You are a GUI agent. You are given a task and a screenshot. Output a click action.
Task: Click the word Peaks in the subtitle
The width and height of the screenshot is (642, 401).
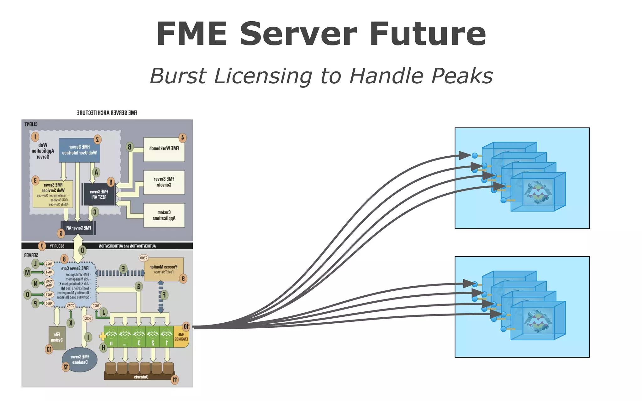point(461,76)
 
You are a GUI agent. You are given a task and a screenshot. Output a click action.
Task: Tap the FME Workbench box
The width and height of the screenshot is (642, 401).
point(164,149)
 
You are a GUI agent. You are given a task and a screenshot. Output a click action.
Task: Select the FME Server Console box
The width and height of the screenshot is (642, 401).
point(164,182)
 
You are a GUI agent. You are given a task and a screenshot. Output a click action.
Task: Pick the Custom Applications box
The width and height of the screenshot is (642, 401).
point(164,216)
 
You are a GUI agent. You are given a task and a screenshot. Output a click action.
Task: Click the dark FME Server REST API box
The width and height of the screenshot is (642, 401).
point(98,194)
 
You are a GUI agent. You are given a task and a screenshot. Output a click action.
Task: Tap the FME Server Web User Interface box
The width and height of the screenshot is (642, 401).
point(79,150)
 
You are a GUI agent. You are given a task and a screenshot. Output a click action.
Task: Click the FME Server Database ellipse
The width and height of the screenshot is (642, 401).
point(80,359)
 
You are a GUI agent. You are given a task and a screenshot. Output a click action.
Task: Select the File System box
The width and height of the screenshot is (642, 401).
point(57,338)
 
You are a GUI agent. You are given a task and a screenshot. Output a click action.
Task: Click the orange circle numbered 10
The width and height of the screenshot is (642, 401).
point(186,326)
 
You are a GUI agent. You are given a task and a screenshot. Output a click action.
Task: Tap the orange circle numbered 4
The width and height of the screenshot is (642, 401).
point(182,138)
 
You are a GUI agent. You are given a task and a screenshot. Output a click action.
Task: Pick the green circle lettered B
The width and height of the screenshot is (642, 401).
point(130,147)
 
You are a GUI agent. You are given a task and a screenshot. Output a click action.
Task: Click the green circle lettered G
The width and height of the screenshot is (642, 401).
point(139,286)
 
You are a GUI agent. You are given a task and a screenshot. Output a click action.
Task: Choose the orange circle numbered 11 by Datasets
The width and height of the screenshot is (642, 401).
point(175,380)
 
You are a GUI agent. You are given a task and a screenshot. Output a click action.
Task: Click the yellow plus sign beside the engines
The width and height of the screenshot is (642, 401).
point(103,337)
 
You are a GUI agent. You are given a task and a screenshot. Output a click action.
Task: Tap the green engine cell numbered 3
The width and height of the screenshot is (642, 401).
point(139,337)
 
